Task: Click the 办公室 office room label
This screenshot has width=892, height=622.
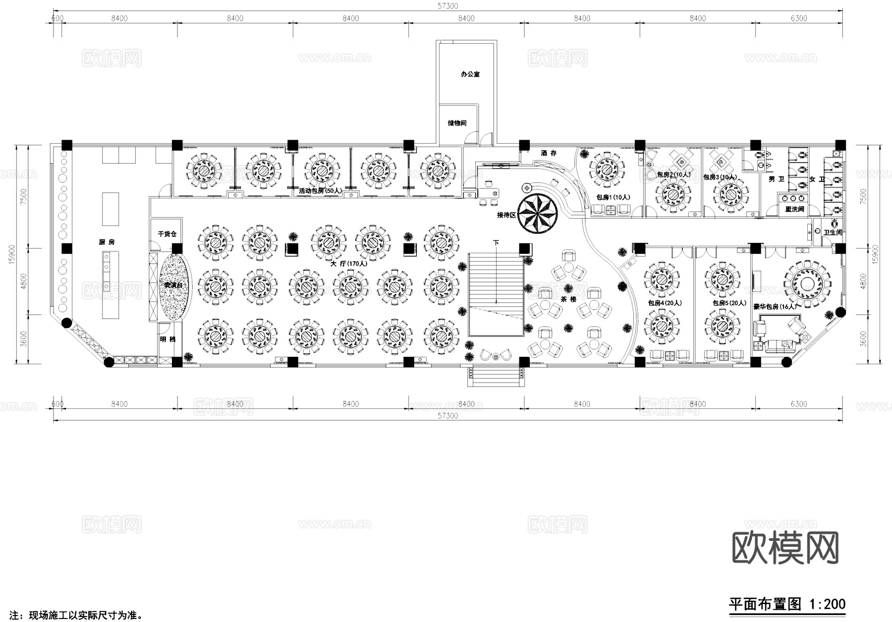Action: (470, 74)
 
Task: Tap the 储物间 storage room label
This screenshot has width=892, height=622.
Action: (457, 123)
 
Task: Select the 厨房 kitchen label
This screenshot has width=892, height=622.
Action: (107, 242)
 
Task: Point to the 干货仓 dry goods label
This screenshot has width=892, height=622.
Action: (167, 233)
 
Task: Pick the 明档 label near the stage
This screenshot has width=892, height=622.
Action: (167, 339)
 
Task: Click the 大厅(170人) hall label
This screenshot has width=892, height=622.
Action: (349, 264)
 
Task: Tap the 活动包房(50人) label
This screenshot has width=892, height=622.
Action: (320, 190)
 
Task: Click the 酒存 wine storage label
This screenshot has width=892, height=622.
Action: (549, 153)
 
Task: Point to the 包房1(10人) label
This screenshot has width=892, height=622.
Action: (613, 197)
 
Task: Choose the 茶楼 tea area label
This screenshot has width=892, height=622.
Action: (568, 299)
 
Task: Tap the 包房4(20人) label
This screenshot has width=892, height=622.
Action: (665, 303)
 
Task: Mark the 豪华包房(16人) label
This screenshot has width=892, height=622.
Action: (775, 307)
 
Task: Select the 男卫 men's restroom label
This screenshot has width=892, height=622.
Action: (776, 179)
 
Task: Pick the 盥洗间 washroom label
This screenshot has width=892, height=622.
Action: (794, 210)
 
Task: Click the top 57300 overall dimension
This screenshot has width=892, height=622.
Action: (447, 6)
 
